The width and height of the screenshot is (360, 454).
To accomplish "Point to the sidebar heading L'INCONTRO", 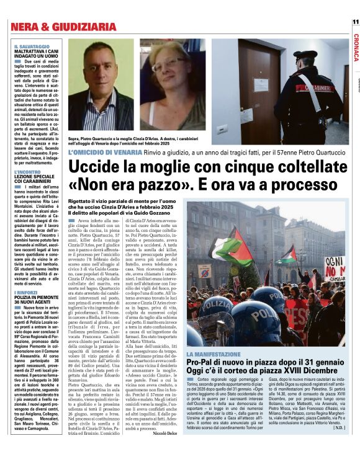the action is [27, 171].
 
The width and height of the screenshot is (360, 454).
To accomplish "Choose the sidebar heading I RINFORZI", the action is [27, 292].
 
